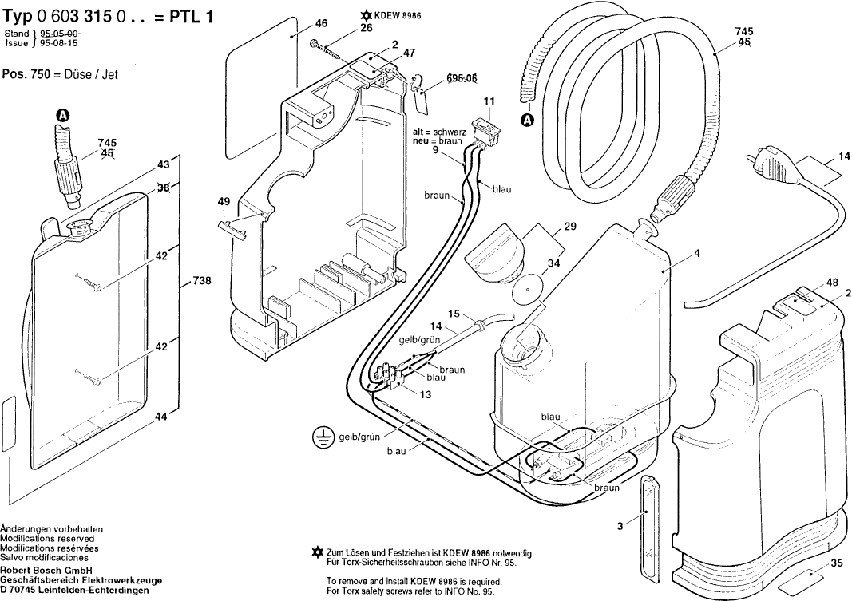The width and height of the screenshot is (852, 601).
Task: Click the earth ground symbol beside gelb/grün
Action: pyautogui.click(x=322, y=437)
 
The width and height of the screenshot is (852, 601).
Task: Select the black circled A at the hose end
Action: pyautogui.click(x=526, y=121)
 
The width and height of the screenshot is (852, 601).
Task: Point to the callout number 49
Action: pyautogui.click(x=223, y=202)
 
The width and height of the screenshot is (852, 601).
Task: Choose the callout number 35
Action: pyautogui.click(x=836, y=563)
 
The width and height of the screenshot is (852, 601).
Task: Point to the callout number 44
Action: pyautogui.click(x=162, y=417)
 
